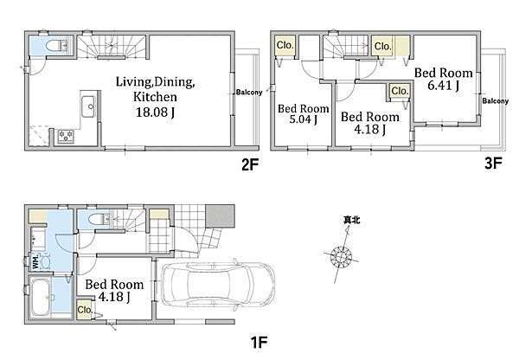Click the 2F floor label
point(250,164)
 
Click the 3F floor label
point(493,163)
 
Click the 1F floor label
point(259,342)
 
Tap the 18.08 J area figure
point(155,112)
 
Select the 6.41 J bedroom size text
point(443,86)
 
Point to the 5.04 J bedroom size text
point(304,119)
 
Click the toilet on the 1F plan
point(99,219)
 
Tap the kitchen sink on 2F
point(89,106)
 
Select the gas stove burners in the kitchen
point(66,136)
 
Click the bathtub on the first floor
point(40,297)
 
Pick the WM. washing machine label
point(35,261)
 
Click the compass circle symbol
point(342,257)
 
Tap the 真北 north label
point(351,220)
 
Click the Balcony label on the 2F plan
point(249,92)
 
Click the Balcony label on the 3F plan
point(495,100)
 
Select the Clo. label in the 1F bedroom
point(85,310)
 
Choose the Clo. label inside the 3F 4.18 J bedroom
point(400,90)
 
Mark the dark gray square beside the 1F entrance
point(220,216)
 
